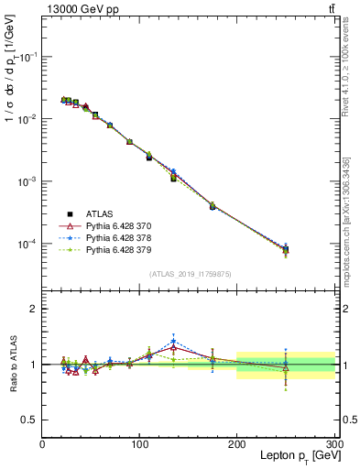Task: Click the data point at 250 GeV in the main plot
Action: [x=286, y=249]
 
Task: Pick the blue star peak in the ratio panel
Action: [x=173, y=341]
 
